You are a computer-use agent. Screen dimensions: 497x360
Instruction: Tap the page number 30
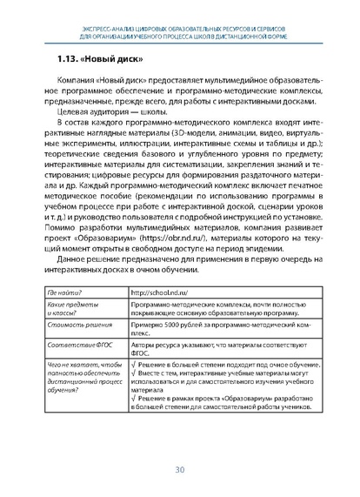pos(180,471)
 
